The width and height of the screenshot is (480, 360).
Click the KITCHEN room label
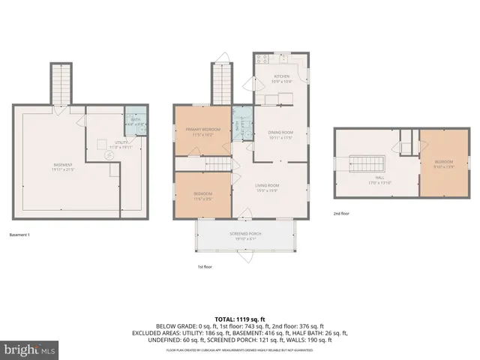281,77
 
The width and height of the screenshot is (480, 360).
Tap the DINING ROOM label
279,133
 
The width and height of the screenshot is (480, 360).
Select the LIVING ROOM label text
267,185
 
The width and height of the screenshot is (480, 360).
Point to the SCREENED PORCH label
245,234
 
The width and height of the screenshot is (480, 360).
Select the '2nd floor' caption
342,214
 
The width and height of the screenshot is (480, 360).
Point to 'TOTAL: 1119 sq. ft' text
240,319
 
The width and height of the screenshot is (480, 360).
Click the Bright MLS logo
27,349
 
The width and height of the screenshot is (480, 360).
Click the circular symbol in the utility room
107,156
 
